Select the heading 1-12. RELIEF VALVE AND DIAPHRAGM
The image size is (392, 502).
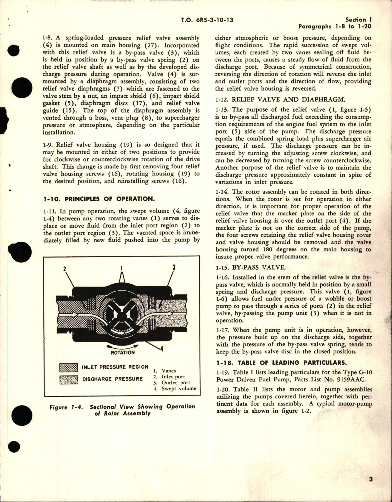[280, 100]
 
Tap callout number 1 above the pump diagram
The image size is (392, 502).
[122, 268]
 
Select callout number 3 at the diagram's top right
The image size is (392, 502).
[174, 267]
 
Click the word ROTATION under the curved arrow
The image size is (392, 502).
[123, 352]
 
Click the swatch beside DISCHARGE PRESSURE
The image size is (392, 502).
[68, 379]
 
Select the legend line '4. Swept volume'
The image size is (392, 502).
[174, 389]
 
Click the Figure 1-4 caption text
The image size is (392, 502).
[122, 410]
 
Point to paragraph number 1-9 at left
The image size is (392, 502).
[49, 145]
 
